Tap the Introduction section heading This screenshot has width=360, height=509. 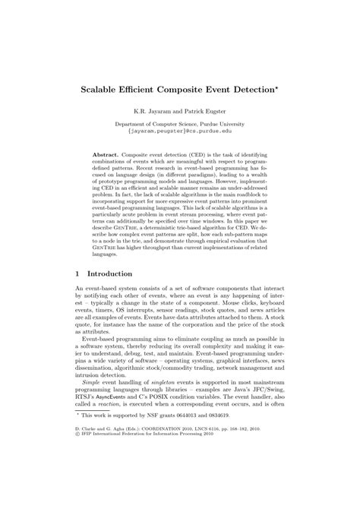click(x=111, y=274)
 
